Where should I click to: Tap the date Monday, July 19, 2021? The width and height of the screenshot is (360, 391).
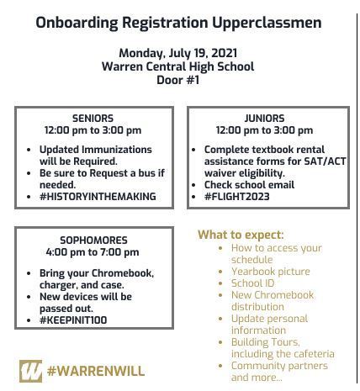point(177,53)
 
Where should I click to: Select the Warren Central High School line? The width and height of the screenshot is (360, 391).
point(177,66)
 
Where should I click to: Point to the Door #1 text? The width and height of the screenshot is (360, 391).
point(177,80)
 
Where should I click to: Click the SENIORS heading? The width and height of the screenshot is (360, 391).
point(93,119)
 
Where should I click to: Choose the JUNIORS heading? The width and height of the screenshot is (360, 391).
point(264,119)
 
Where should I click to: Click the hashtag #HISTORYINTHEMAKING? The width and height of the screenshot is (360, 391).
point(98,197)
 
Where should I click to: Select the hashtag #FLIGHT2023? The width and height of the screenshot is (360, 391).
point(236,197)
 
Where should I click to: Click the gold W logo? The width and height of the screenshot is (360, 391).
point(30,370)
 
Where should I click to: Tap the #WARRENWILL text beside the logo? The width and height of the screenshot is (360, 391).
point(96,371)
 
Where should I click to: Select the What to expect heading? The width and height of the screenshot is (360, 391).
point(241,235)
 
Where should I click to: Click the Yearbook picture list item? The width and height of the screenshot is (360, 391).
point(270,272)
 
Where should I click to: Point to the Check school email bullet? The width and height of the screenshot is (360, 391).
point(249,185)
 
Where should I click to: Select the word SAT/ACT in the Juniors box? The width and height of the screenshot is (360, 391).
point(300,161)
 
